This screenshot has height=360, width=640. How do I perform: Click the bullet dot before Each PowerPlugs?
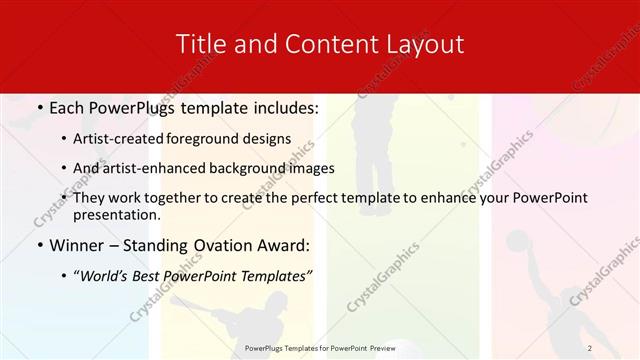pyautogui.click(x=39, y=106)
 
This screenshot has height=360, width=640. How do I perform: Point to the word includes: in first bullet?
pyautogui.click(x=282, y=106)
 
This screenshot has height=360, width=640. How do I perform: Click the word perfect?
pyautogui.click(x=335, y=198)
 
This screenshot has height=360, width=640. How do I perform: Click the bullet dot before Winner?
pyautogui.click(x=39, y=245)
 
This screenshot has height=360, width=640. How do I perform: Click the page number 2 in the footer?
pyautogui.click(x=590, y=348)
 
